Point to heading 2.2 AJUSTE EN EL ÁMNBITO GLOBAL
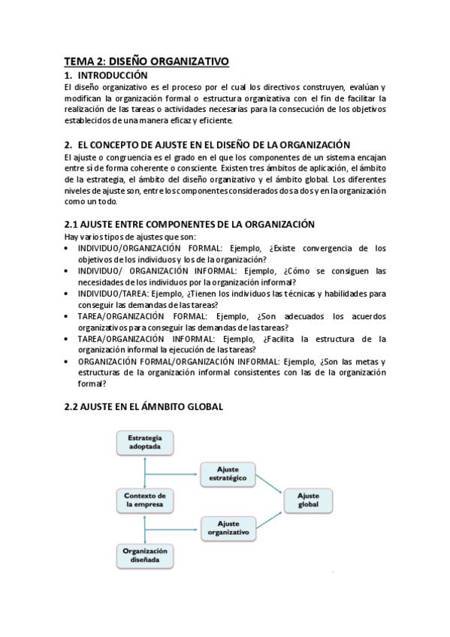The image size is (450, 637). click(x=143, y=406)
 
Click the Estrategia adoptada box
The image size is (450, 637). click(x=144, y=442)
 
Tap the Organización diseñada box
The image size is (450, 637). click(x=144, y=557)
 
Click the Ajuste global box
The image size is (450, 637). click(x=308, y=500)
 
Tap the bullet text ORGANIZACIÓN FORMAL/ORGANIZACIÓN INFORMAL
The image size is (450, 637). click(x=225, y=373)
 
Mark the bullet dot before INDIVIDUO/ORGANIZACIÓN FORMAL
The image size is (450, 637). click(x=68, y=249)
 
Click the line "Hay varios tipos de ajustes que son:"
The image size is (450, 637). click(x=130, y=237)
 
